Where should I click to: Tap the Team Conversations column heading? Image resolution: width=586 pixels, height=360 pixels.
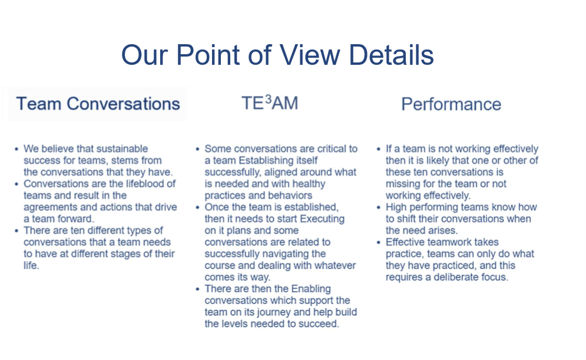[x=98, y=104]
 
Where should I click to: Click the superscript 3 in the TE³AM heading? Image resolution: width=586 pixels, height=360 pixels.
[x=268, y=100]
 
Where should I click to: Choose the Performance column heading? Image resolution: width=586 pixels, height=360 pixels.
[x=451, y=104]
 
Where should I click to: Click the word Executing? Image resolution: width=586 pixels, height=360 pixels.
[x=322, y=219]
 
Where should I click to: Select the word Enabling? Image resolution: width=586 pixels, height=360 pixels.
[x=311, y=289]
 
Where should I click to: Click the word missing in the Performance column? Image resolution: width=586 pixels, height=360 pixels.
[x=402, y=184]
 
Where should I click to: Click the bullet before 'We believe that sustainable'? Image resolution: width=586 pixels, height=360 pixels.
[x=16, y=149]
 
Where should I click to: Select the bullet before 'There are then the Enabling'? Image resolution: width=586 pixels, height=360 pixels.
[x=197, y=289]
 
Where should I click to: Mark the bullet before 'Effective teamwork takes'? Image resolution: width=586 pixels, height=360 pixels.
[x=379, y=243]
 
